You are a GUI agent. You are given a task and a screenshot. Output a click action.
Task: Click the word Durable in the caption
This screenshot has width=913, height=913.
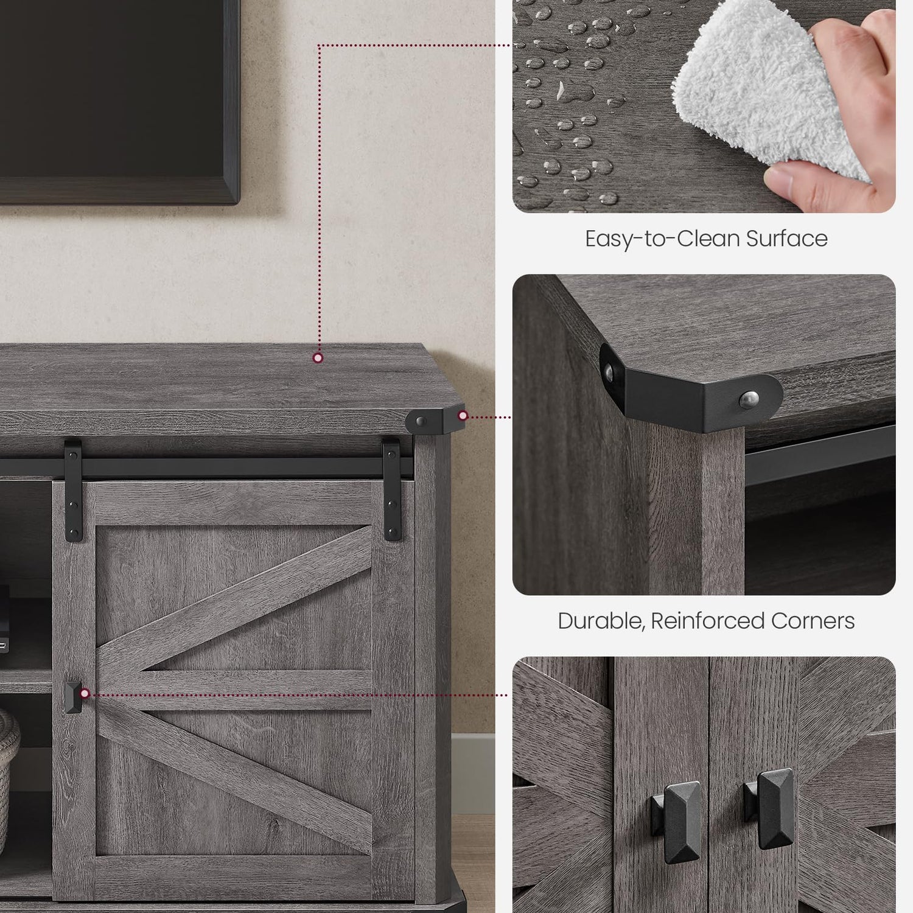point(601,621)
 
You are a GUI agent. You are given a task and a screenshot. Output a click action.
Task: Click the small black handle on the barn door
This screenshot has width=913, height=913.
point(72,697)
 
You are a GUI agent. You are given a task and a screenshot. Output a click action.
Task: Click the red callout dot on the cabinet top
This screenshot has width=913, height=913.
point(318,358)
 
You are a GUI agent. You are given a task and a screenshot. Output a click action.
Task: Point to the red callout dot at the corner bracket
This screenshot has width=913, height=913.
point(463,416)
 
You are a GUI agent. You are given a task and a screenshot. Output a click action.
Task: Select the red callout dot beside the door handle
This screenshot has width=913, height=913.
point(85,693)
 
